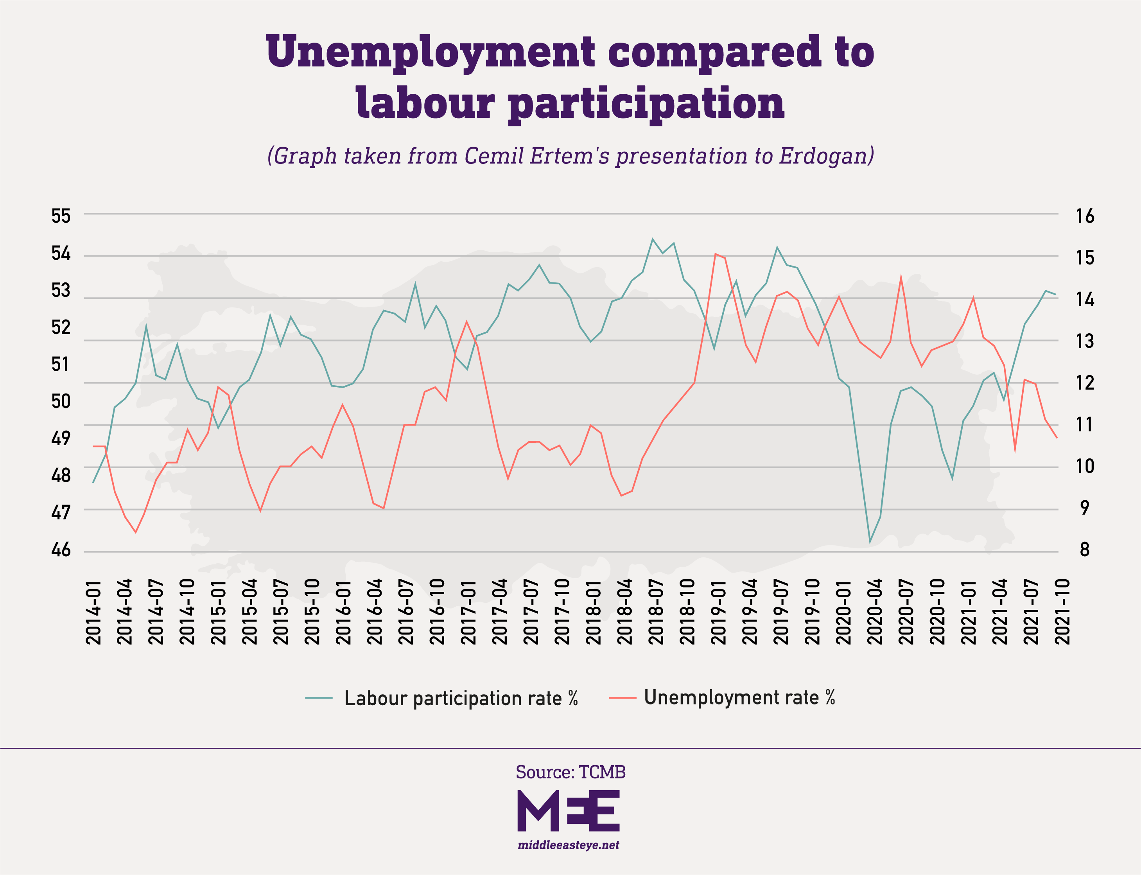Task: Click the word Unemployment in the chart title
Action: coord(431,52)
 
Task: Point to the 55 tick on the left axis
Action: coord(61,216)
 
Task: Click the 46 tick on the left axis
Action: coord(61,550)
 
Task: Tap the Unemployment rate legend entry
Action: coord(739,697)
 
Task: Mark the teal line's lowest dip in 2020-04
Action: coord(870,542)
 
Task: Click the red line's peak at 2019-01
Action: coord(716,254)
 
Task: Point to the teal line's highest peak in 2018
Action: coord(653,239)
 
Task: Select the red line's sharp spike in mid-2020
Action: coord(901,277)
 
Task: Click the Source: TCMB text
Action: coord(570,772)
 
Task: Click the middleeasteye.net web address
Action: coord(569,845)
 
